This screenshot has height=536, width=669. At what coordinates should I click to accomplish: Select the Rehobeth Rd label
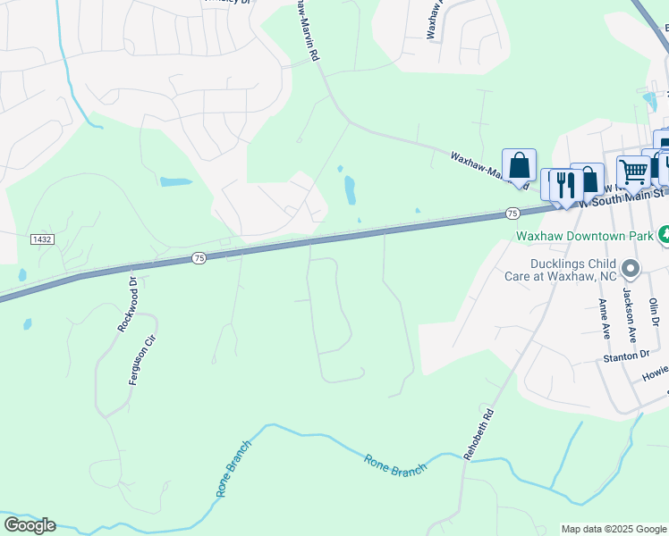click(477, 435)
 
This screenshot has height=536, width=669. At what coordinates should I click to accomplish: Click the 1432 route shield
click(41, 239)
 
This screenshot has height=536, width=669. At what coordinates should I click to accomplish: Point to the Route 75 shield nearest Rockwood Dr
click(199, 258)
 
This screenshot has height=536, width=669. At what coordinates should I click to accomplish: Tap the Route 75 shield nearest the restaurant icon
click(512, 213)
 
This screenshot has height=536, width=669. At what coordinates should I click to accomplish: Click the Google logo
click(30, 525)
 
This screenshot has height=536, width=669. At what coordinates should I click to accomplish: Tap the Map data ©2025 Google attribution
click(614, 529)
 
